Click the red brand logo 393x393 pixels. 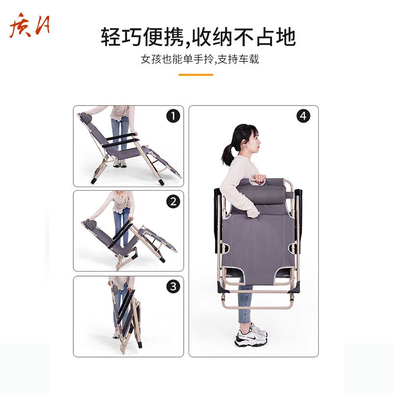click(x=29, y=28)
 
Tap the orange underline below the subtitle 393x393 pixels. click(x=196, y=75)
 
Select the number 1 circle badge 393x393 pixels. click(x=173, y=116)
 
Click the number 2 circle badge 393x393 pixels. click(x=173, y=201)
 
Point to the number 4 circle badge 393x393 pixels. click(x=304, y=116)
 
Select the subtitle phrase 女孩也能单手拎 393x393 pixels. click(x=177, y=60)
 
